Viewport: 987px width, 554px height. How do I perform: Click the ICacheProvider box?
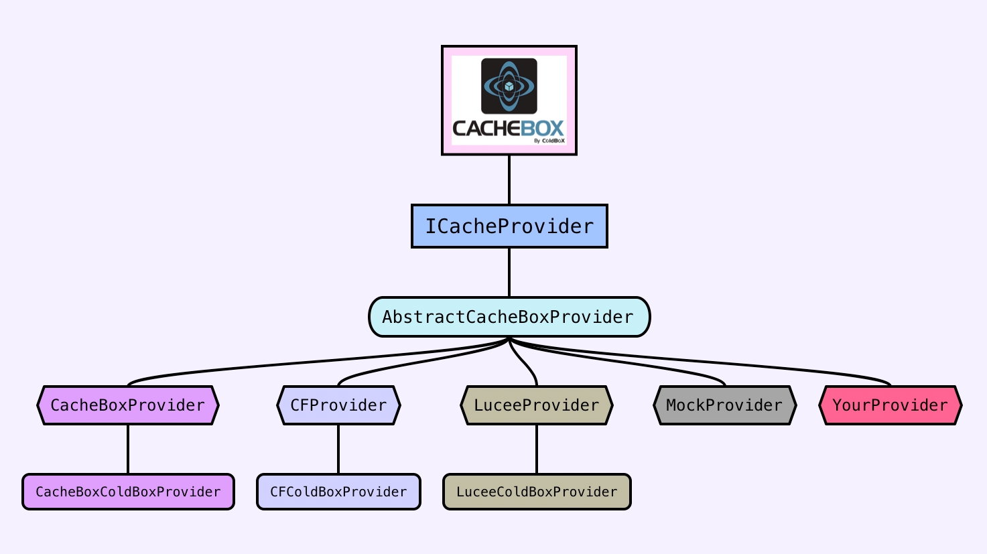click(x=509, y=226)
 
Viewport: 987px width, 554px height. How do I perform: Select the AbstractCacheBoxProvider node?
click(x=509, y=317)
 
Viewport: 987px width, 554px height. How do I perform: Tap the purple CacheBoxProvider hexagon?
click(x=128, y=405)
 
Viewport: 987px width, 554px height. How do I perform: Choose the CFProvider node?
click(x=338, y=405)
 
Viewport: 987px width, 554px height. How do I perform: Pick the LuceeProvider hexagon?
click(x=537, y=405)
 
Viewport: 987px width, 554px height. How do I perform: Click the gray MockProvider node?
click(x=724, y=405)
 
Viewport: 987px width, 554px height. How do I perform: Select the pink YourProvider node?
click(x=891, y=405)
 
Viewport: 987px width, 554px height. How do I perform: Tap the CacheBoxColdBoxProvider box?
click(x=128, y=492)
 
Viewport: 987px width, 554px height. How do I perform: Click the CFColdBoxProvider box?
click(x=338, y=492)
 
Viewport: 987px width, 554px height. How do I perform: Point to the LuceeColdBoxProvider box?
click(x=537, y=492)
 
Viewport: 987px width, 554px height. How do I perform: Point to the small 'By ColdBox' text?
click(x=549, y=141)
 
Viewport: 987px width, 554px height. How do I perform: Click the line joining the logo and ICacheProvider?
click(x=509, y=180)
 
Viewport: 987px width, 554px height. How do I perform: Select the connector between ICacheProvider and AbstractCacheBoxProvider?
click(x=509, y=272)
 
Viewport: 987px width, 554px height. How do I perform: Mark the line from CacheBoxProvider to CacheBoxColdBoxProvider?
click(x=128, y=449)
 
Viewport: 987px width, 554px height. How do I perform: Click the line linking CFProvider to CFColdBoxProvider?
click(x=338, y=449)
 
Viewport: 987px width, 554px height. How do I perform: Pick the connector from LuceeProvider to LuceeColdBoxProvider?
click(x=537, y=449)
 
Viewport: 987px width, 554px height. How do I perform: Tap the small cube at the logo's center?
click(x=509, y=86)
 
